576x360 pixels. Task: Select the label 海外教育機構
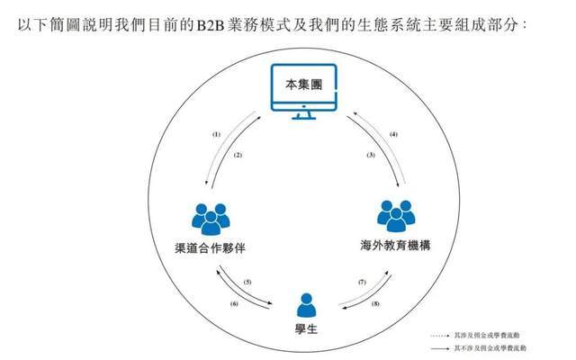(394, 243)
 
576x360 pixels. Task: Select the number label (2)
(238, 155)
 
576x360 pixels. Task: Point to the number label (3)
(369, 155)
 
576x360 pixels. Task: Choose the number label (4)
(393, 134)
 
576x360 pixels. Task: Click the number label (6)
(234, 303)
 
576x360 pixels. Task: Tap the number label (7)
(362, 283)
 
